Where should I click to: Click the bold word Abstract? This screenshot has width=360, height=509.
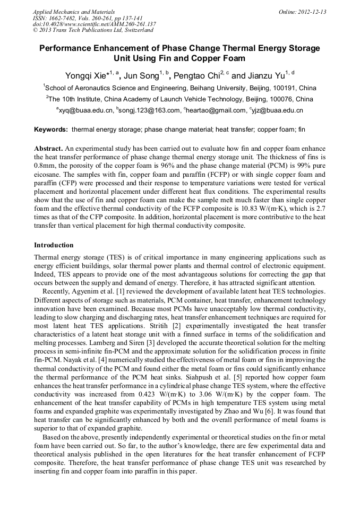(49, 149)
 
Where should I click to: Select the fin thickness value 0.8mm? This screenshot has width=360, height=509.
(43, 166)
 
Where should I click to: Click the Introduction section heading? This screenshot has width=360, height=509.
(54, 245)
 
